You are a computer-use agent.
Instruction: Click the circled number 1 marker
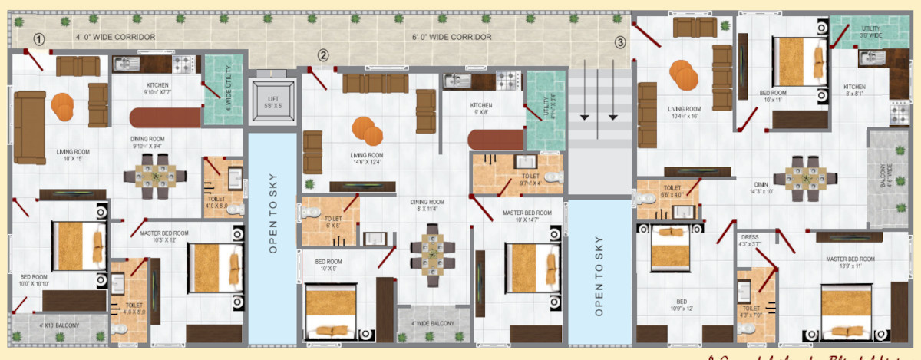coord(39,39)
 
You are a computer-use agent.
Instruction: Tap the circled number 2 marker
coord(324,55)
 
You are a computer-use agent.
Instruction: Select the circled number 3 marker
coord(620,42)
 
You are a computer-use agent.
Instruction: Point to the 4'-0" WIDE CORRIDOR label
coord(115,37)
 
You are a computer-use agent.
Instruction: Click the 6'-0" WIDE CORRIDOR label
coord(451,37)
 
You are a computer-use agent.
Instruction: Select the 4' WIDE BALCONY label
coord(433,323)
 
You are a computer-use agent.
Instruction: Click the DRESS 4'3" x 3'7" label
coord(750,241)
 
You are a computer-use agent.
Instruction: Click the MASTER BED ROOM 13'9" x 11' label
coord(850,263)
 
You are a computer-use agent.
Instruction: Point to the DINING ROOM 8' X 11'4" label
coord(426,205)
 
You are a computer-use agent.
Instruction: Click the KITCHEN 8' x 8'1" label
coord(854,91)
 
